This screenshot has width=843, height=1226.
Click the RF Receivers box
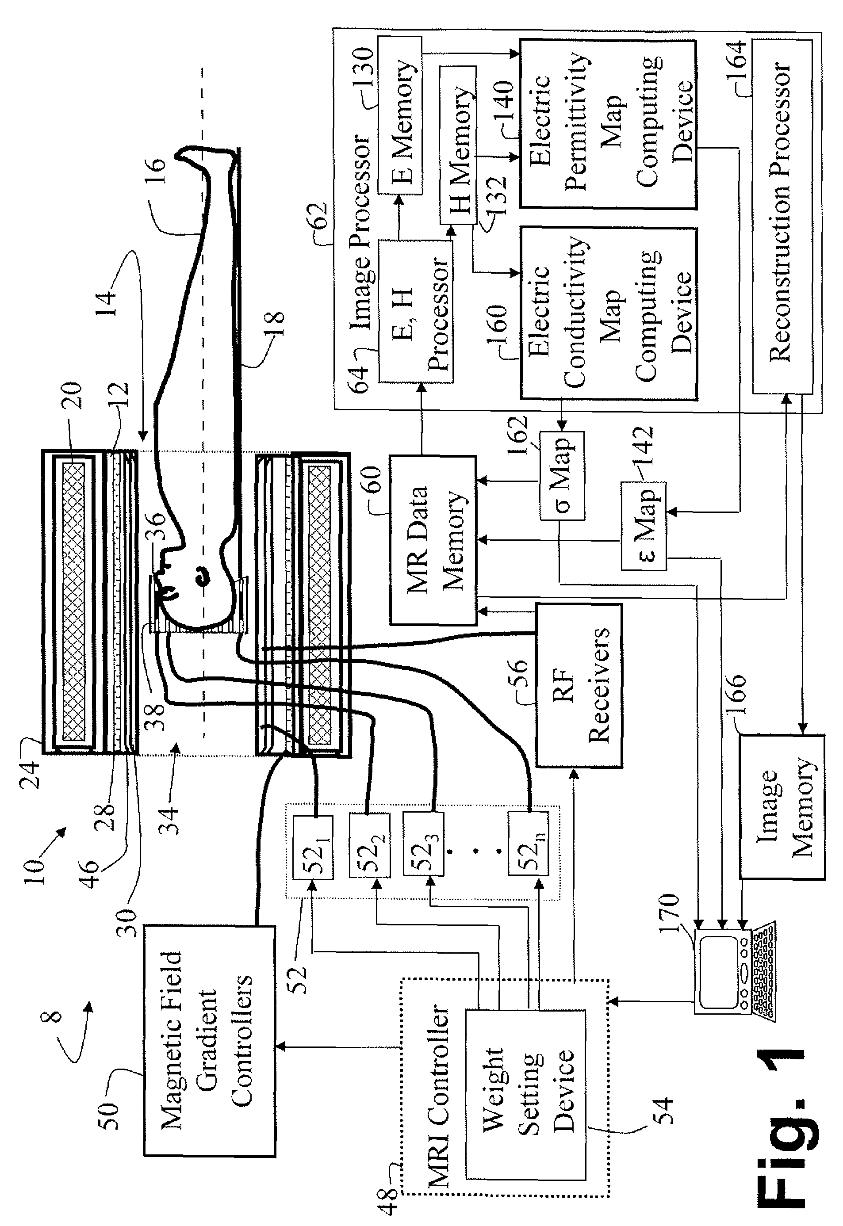(579, 685)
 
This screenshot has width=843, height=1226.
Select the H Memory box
(457, 145)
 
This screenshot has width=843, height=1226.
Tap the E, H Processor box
(415, 311)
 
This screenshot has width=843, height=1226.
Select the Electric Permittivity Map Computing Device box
(608, 124)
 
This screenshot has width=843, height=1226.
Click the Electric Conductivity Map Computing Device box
(609, 313)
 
